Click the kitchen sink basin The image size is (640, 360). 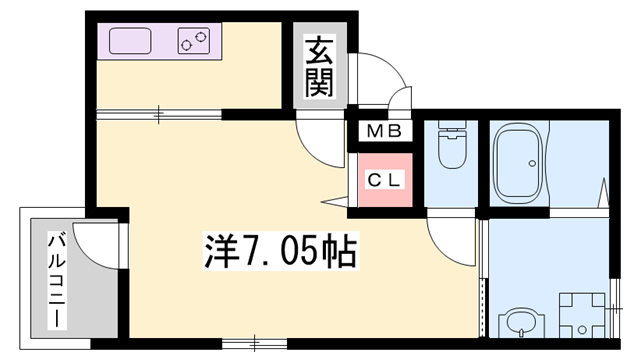130,42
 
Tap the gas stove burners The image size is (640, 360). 195,41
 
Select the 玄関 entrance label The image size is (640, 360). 318,66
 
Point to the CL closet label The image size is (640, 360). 383,181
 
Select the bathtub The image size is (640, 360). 518,160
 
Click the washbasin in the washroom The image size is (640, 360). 518,322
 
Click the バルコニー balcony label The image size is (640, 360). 58,282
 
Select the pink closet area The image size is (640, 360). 384,181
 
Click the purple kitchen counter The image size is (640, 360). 160,42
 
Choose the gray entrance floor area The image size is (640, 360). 318,66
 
